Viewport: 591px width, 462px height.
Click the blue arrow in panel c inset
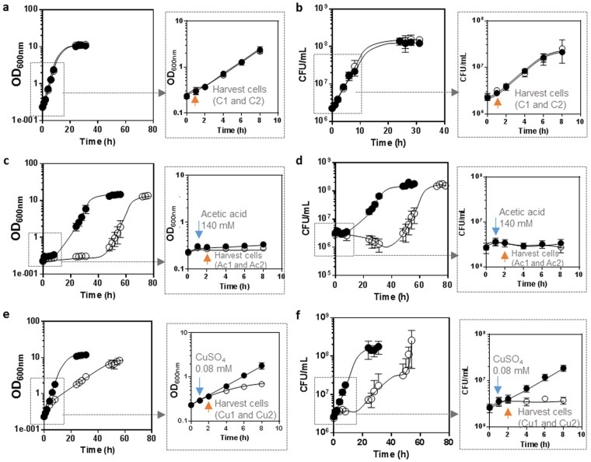click(198, 233)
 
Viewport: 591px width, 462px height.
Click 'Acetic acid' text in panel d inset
click(513, 211)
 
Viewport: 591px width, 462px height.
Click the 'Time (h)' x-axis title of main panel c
click(89, 298)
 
